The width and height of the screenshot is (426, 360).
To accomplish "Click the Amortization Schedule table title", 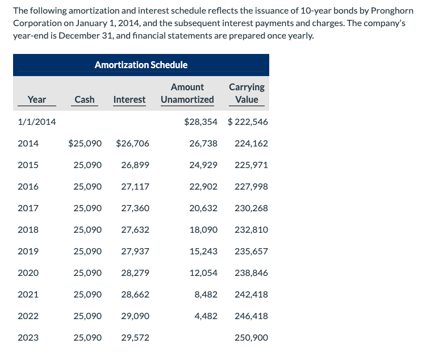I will click(141, 65).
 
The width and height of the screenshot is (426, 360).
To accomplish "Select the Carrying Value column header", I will click(247, 93).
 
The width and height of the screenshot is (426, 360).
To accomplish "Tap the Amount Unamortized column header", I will click(187, 93).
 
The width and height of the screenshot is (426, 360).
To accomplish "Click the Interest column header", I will click(129, 99).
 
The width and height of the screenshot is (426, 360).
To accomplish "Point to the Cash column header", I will click(85, 99).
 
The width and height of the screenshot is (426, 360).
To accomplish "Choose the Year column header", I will click(37, 99).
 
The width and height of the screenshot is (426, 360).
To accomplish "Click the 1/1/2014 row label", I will click(37, 122).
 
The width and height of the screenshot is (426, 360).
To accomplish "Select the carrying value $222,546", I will click(248, 122).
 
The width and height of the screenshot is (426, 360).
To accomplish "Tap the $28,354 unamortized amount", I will click(201, 122).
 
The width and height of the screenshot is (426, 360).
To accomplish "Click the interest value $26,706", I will click(132, 143).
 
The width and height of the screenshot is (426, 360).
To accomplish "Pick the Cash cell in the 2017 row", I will click(87, 208).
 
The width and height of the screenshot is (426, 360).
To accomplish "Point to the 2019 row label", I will click(28, 251).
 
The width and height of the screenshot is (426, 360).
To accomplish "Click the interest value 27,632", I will click(135, 229).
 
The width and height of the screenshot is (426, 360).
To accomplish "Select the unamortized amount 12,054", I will click(203, 273).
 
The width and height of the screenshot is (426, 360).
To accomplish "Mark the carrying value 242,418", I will click(251, 294).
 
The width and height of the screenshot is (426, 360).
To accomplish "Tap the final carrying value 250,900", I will click(251, 337).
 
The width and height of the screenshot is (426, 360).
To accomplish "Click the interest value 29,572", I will click(135, 337).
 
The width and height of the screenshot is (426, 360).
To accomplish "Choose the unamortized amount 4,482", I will click(206, 316).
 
